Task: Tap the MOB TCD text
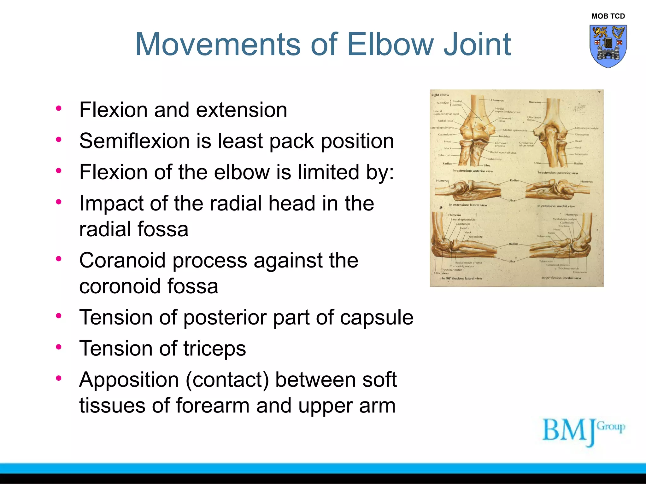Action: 608,16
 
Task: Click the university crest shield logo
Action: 608,46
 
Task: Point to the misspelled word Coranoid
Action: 122,261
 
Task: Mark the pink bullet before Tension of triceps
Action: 59,347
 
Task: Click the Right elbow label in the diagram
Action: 440,95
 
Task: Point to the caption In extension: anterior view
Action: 473,171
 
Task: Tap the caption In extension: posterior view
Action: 558,173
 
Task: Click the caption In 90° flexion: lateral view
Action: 462,278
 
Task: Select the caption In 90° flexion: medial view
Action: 561,278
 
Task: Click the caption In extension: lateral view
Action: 468,205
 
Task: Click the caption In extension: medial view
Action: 556,206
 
